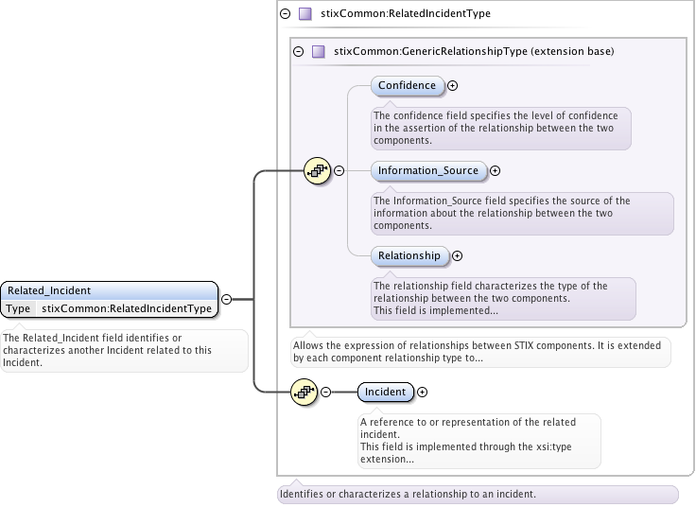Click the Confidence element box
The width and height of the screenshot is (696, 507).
[407, 85]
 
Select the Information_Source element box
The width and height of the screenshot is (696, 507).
[427, 170]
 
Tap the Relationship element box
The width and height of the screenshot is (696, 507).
[409, 255]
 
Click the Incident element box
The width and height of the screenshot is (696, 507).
[385, 392]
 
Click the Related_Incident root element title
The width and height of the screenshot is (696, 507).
[49, 290]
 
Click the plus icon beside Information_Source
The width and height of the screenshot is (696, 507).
[495, 171]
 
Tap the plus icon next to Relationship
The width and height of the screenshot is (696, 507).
[457, 255]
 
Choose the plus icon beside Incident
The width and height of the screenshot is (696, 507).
[422, 392]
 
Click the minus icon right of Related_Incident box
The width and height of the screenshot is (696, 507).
[226, 300]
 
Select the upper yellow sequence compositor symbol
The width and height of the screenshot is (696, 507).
[316, 171]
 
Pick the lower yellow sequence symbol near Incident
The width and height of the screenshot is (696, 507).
[303, 392]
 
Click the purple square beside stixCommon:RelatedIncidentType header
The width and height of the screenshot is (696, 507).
[304, 14]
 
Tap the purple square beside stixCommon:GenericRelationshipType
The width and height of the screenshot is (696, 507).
[318, 51]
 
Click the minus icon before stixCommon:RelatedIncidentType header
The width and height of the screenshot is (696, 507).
[285, 14]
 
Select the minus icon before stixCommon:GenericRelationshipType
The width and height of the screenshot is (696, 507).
[298, 51]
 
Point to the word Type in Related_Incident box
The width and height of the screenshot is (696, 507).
[18, 308]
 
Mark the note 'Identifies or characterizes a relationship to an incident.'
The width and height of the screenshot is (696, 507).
[408, 494]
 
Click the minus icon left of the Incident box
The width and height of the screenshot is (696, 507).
[325, 392]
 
